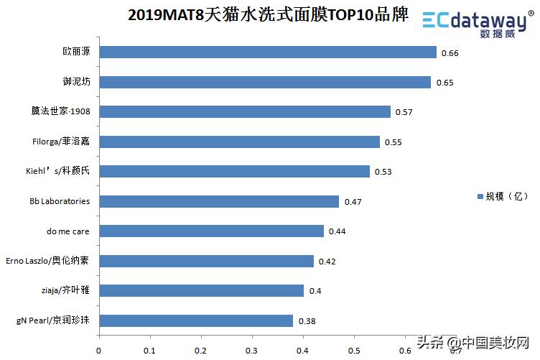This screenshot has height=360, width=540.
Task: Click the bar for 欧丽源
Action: (267, 52)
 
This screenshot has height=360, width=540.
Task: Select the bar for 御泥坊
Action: (264, 82)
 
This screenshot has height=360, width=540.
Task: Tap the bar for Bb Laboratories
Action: (218, 201)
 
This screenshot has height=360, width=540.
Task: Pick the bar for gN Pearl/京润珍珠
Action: (195, 320)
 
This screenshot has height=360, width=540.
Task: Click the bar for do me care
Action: (211, 231)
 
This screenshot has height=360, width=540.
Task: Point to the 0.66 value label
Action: (450, 53)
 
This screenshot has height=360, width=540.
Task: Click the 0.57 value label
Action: (404, 113)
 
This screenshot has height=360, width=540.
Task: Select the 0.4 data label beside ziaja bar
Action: (315, 291)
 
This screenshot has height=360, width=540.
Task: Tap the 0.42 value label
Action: (327, 262)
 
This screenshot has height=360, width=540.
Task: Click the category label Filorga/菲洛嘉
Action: (61, 142)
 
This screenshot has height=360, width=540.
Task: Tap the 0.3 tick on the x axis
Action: (251, 351)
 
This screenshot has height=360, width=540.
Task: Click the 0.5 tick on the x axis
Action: (353, 351)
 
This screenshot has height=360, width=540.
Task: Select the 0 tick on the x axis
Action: (98, 351)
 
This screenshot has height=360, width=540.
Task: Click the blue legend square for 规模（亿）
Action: (480, 196)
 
